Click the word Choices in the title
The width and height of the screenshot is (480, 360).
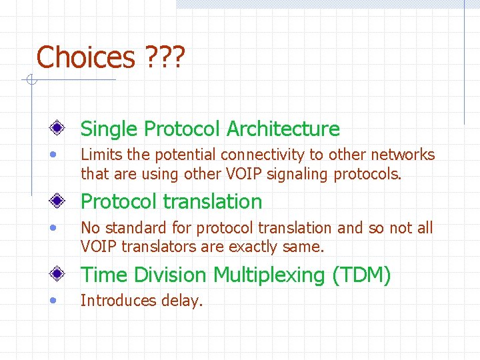point(85,57)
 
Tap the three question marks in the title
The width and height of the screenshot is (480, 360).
point(165,57)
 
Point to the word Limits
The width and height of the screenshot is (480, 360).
point(101,155)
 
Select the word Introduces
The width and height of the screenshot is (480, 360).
point(118,301)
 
